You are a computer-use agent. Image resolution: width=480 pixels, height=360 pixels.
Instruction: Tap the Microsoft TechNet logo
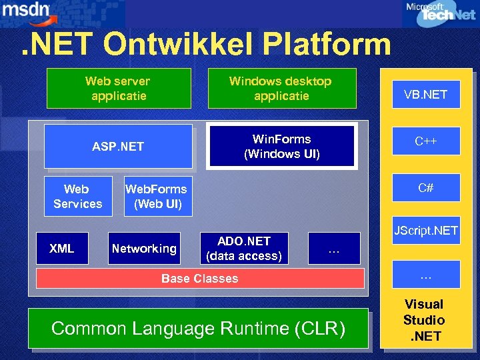coord(441,13)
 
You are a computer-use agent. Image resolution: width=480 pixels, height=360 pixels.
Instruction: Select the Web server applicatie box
coord(119,88)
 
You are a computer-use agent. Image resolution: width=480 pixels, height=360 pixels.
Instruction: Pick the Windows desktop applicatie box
coord(281,88)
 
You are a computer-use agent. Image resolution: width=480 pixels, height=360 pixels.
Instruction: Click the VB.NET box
coord(425,95)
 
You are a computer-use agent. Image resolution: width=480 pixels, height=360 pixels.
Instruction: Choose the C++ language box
coord(425,141)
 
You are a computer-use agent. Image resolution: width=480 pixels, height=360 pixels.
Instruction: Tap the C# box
coord(425,188)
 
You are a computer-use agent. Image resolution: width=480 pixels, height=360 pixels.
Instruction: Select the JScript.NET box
coord(425,231)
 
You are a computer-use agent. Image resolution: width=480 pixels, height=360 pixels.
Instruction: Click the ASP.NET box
coord(118,147)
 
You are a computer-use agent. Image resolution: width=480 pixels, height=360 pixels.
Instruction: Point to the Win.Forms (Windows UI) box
coord(281,147)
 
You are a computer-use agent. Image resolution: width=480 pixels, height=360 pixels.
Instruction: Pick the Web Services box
coord(78,197)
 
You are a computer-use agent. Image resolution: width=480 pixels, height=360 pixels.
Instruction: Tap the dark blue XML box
coord(62,249)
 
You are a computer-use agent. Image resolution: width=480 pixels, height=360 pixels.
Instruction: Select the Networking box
coord(144,249)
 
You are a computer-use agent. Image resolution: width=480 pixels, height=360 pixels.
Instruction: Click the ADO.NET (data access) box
coord(244,249)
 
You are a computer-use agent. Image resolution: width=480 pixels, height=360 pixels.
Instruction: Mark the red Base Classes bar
coord(200,279)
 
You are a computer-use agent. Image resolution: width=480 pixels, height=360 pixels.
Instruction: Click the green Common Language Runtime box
coord(198,329)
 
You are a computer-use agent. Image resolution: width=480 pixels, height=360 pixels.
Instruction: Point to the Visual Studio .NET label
coord(424,320)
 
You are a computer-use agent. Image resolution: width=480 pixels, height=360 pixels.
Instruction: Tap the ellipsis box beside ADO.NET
coord(334,249)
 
